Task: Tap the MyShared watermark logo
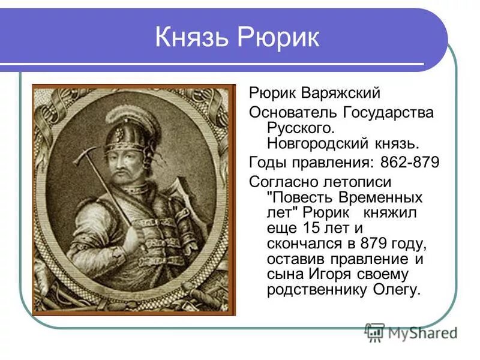[411, 332]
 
